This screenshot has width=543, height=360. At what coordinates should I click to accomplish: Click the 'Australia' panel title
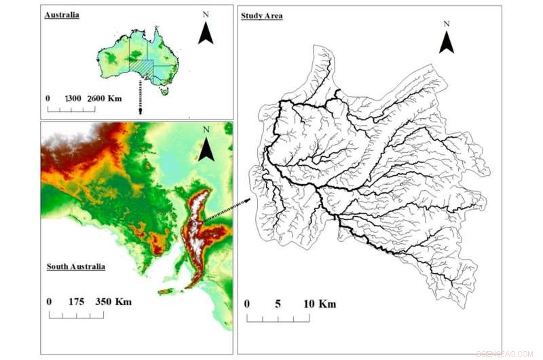point(62,14)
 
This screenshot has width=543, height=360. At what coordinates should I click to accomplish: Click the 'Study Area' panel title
point(262,14)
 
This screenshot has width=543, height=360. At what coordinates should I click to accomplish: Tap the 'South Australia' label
point(75,267)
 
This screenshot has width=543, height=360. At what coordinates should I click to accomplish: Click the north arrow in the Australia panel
point(206,32)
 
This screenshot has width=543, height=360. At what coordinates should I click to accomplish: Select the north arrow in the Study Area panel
point(446,42)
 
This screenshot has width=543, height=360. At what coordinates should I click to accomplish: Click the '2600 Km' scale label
point(105,98)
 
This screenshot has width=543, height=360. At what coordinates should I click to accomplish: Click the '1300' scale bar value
point(75,98)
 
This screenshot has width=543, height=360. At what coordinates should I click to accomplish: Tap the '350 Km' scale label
point(113,301)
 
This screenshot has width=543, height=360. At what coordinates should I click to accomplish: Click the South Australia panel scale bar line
point(75,315)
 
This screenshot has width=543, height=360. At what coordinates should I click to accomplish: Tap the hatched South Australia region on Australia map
point(143,67)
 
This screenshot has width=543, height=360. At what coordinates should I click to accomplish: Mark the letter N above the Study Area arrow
point(446,24)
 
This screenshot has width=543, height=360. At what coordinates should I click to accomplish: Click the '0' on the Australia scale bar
point(48,98)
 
